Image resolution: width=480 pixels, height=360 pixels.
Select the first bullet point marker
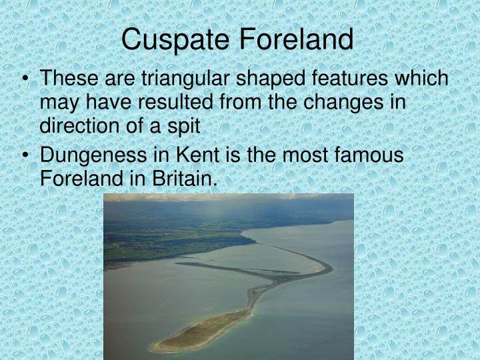pos(25,79)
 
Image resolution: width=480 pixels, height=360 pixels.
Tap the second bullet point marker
pos(25,155)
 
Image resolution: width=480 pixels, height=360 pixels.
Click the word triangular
pos(179,79)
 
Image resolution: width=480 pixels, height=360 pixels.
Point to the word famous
pos(368,155)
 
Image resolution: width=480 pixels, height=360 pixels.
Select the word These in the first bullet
pos(65,79)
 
